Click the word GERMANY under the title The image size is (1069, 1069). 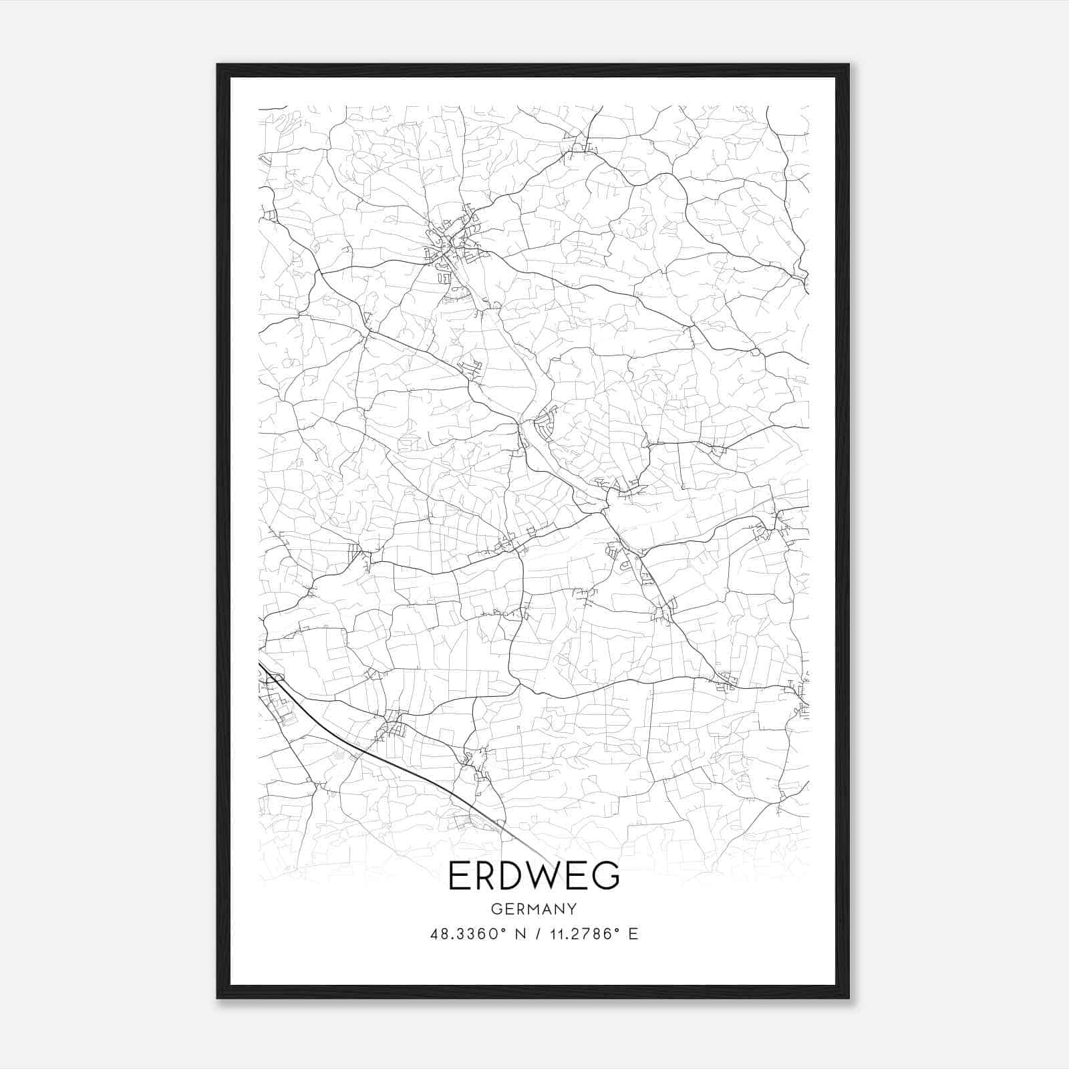pos(534,909)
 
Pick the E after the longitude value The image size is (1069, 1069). pos(633,933)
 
